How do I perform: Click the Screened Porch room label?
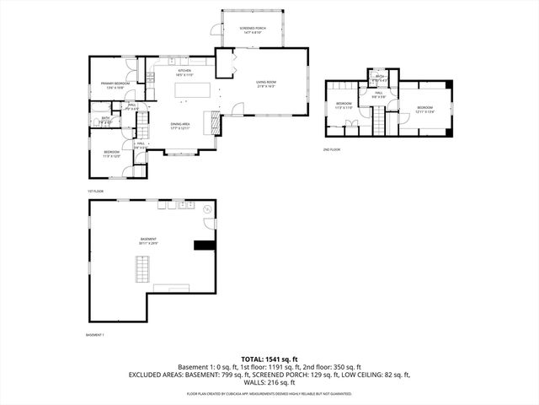(x=254, y=29)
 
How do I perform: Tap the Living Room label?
(x=266, y=83)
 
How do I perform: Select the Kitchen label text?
(x=184, y=72)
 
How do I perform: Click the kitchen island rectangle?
(x=192, y=89)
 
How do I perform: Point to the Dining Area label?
(x=179, y=125)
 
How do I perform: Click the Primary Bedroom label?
(x=115, y=84)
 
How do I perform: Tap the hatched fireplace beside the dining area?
(x=216, y=123)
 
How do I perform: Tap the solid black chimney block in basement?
(x=203, y=246)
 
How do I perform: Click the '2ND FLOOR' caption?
(x=331, y=148)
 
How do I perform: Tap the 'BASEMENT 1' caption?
(x=95, y=335)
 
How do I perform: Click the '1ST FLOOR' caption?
(x=95, y=191)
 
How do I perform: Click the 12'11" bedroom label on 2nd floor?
(x=423, y=109)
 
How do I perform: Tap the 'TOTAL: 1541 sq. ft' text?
(x=269, y=359)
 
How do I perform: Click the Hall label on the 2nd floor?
(x=379, y=94)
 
